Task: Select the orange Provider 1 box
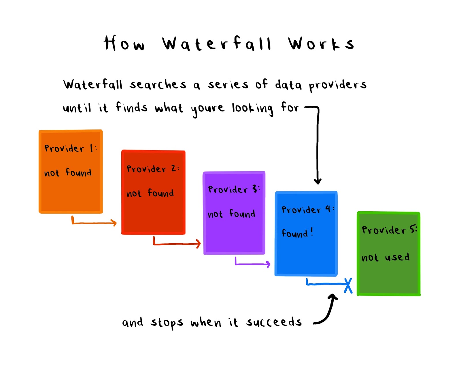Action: click(71, 172)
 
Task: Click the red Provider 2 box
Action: click(153, 192)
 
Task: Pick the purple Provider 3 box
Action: click(234, 213)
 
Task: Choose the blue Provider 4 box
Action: click(306, 234)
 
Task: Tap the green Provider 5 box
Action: click(388, 254)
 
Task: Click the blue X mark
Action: click(348, 285)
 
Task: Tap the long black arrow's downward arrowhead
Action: click(318, 181)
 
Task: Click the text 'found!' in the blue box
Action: click(297, 233)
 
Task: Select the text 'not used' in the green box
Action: click(386, 257)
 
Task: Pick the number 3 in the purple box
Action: click(254, 189)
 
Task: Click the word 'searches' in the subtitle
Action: click(158, 84)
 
